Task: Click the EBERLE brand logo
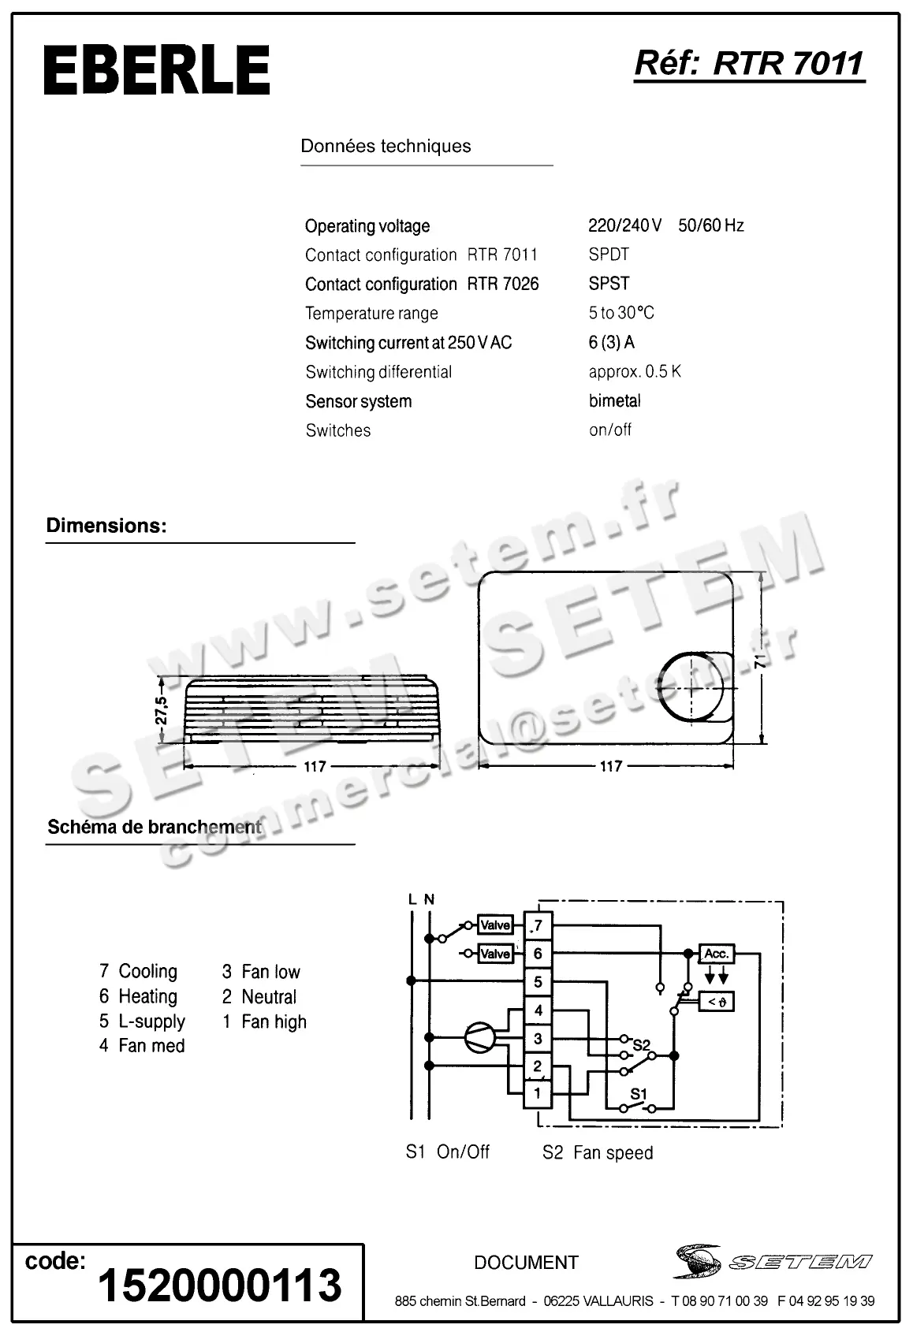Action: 156,71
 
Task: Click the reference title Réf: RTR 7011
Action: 749,63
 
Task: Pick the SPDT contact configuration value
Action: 609,255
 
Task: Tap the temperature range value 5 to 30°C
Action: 621,313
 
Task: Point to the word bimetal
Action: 614,400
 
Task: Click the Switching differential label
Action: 378,372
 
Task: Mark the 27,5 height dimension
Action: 162,710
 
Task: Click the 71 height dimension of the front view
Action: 759,660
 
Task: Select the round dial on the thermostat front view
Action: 691,687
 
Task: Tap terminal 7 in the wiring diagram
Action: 538,925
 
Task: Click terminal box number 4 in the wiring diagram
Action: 538,1010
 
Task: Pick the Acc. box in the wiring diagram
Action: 716,954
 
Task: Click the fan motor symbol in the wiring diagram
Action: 479,1038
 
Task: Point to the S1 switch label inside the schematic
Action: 638,1094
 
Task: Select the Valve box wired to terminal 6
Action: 495,954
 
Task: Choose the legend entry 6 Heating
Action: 139,996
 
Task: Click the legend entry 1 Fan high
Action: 264,1021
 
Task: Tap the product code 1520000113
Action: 219,1285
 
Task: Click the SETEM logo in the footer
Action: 773,1262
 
